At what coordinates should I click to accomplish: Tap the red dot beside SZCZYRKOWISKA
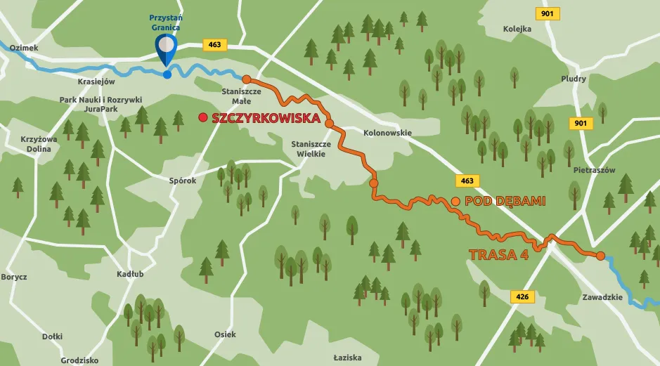click(x=203, y=118)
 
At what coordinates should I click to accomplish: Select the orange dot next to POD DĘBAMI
click(x=455, y=202)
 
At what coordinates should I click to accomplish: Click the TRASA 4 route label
click(x=498, y=255)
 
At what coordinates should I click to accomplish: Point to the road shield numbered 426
click(x=522, y=297)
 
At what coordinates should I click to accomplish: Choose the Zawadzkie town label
click(x=602, y=297)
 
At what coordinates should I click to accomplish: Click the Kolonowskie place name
click(x=387, y=133)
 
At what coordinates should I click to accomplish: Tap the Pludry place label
click(x=574, y=79)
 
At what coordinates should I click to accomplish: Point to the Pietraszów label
click(x=594, y=171)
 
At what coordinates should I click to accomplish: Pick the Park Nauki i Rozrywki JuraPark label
click(x=101, y=105)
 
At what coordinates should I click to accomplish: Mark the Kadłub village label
click(x=130, y=274)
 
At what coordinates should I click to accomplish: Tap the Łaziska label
click(x=348, y=357)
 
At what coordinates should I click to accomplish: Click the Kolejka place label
click(x=518, y=29)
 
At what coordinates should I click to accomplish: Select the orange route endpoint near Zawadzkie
click(x=600, y=256)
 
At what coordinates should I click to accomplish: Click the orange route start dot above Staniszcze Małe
click(x=246, y=79)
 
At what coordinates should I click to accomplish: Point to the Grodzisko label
click(x=79, y=360)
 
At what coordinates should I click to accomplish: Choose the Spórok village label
click(x=183, y=181)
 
